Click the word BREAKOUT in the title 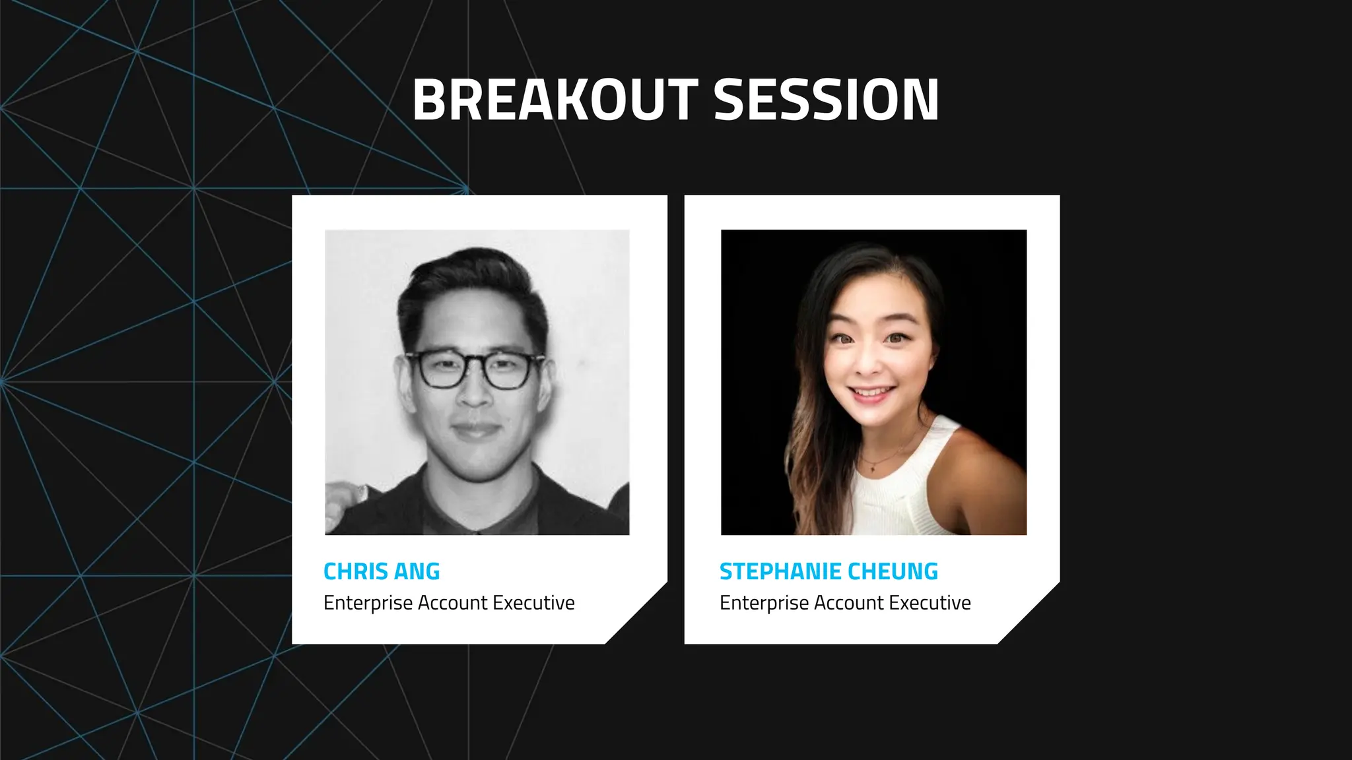(x=555, y=100)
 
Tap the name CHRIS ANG (x=382, y=571)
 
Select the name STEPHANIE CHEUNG (x=828, y=571)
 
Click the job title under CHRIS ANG (x=449, y=603)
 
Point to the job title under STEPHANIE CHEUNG (x=845, y=603)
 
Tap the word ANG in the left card (x=417, y=571)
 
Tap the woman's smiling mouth (x=871, y=394)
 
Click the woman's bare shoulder (x=984, y=462)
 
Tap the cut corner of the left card (x=637, y=614)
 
